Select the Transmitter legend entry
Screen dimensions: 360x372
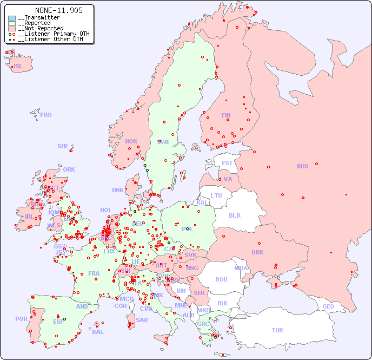click(x=41, y=18)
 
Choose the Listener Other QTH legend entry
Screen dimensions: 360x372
click(x=49, y=39)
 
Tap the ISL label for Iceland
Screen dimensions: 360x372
click(x=18, y=67)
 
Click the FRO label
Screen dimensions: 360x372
click(x=46, y=115)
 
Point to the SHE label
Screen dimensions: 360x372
click(x=63, y=146)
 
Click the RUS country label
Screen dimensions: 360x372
click(x=302, y=166)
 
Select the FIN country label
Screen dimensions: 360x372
click(x=226, y=115)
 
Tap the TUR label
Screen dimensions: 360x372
click(x=277, y=330)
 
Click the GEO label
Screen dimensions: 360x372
click(x=328, y=306)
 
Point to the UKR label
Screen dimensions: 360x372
click(x=257, y=252)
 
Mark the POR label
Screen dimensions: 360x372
click(x=21, y=319)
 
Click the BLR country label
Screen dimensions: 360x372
click(x=235, y=215)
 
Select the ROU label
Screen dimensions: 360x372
click(x=221, y=279)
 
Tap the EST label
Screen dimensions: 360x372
click(x=227, y=163)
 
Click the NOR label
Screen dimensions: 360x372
click(x=131, y=141)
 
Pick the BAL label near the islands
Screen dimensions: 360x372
click(x=98, y=332)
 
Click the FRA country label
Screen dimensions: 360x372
click(x=94, y=273)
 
